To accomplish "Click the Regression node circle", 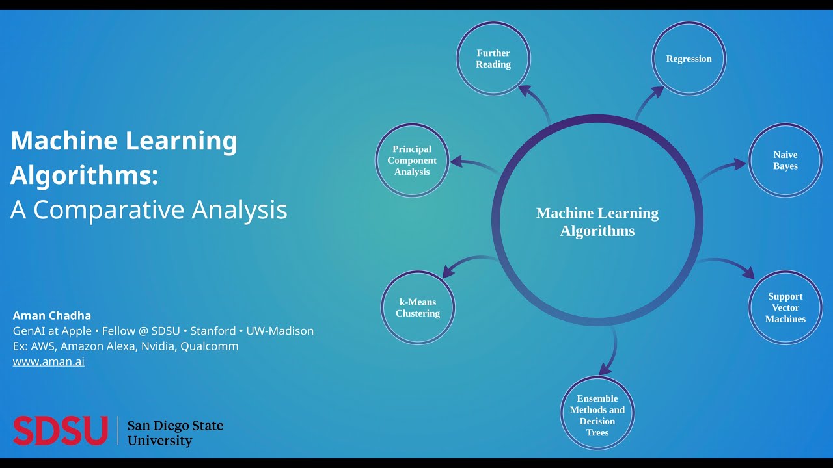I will (x=689, y=58).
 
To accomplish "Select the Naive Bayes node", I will (x=785, y=161).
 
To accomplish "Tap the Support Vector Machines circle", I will (x=785, y=307).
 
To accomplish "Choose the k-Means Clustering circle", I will (x=418, y=307).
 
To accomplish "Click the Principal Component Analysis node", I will (x=412, y=161).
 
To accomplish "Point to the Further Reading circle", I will (x=493, y=58).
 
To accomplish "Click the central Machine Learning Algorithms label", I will (x=597, y=222).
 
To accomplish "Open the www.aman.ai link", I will (x=49, y=362).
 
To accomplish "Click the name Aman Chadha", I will (x=51, y=316).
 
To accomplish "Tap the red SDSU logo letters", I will (x=60, y=431).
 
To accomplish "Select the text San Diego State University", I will (x=175, y=433).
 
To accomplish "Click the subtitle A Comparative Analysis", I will (x=148, y=209).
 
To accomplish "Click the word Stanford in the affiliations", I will (x=213, y=331).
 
